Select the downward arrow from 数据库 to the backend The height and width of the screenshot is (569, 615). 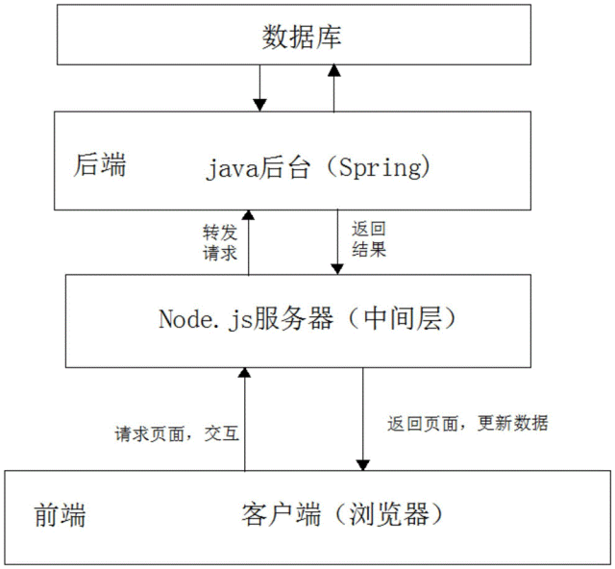tap(258, 87)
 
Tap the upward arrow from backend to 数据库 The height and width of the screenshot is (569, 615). tap(333, 87)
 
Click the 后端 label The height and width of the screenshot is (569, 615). tap(100, 165)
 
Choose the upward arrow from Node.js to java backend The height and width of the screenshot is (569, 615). tap(247, 242)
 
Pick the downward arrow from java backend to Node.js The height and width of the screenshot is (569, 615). tap(336, 242)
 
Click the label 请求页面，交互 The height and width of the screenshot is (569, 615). tap(176, 433)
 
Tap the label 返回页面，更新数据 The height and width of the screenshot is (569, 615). tap(468, 423)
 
